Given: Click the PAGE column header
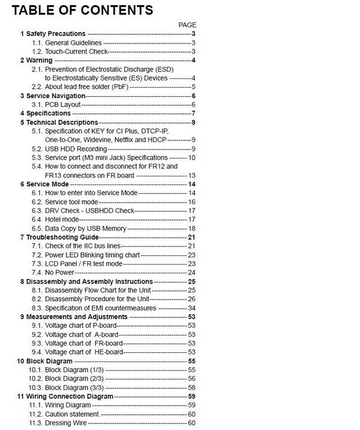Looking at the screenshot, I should click(188, 25).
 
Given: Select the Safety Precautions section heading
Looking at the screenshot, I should click(53, 34).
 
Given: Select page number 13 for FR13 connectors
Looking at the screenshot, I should click(192, 175).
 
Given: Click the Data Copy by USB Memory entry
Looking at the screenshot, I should click(85, 229).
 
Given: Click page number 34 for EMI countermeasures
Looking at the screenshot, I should click(192, 308).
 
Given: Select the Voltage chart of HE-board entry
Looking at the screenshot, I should click(85, 352).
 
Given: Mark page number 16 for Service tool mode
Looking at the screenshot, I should click(192, 202).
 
